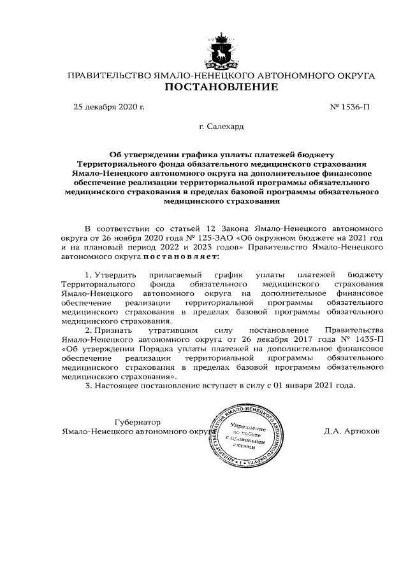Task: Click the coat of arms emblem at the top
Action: pyautogui.click(x=221, y=51)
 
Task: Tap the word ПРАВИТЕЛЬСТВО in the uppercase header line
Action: pyautogui.click(x=110, y=75)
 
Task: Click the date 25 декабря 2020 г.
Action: pyautogui.click(x=109, y=106)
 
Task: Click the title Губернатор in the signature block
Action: pyautogui.click(x=136, y=422)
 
